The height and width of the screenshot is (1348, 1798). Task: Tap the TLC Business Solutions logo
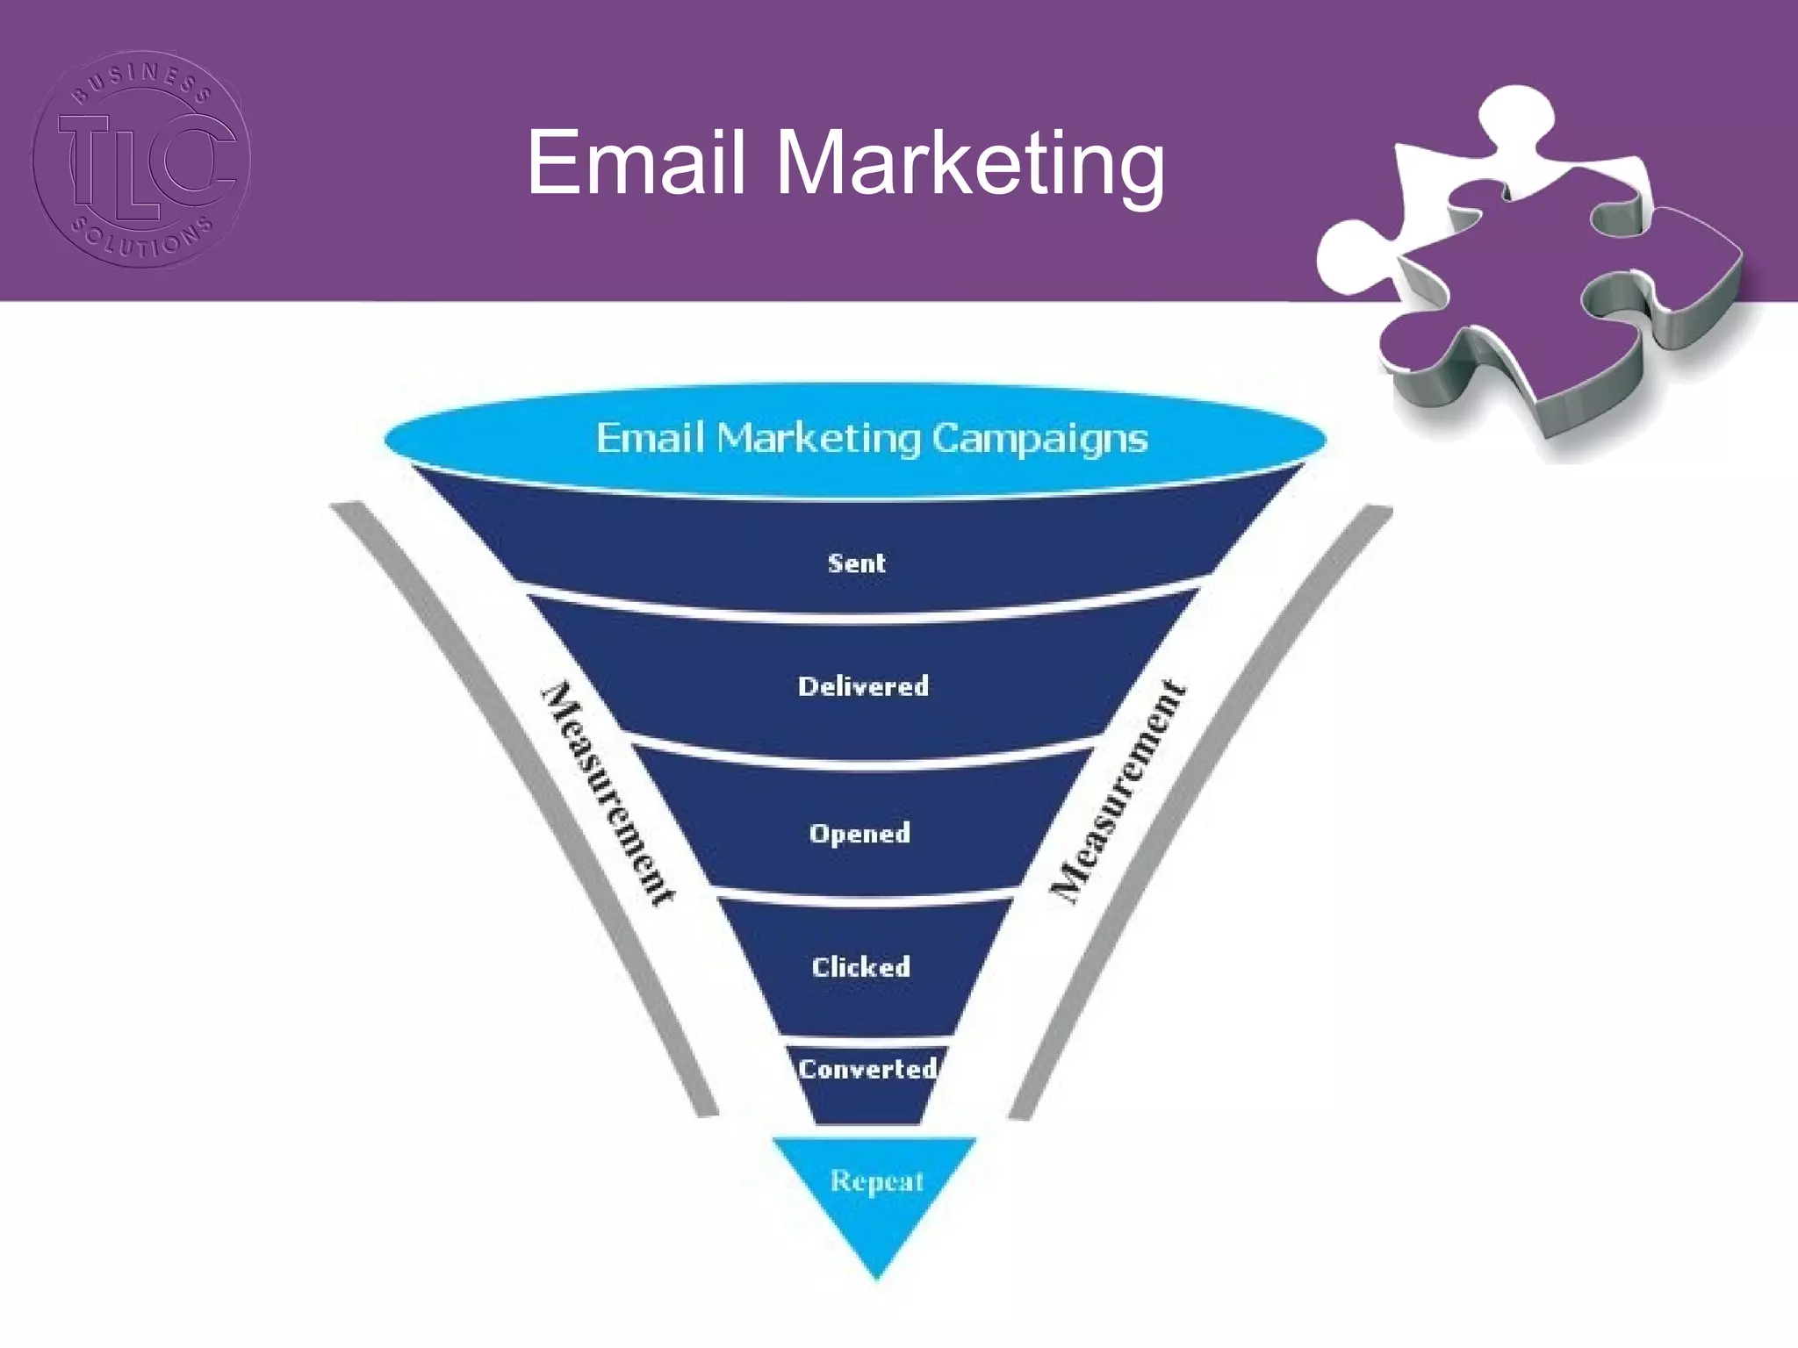click(141, 159)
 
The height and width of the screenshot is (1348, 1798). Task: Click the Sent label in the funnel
click(857, 563)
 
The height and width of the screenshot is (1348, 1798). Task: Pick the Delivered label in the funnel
click(863, 686)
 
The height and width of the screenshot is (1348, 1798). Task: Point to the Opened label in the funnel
click(859, 833)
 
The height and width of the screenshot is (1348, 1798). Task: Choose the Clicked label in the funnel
click(860, 967)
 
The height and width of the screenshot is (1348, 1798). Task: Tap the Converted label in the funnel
click(867, 1069)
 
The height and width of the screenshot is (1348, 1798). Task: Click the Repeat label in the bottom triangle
click(877, 1181)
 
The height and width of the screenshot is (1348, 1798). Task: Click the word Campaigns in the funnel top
click(1039, 438)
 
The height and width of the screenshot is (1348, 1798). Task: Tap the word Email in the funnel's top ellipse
click(650, 438)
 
